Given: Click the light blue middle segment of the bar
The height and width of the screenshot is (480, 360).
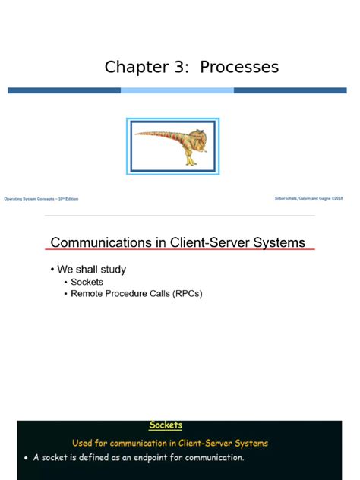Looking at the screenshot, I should click(177, 90).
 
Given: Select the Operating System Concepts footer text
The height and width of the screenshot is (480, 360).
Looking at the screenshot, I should click(41, 199).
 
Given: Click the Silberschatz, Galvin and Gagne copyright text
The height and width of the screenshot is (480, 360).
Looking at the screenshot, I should click(309, 198).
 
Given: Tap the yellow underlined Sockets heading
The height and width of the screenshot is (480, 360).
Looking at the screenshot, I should click(165, 425).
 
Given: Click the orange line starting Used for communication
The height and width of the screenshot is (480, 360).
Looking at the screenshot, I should click(169, 443).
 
